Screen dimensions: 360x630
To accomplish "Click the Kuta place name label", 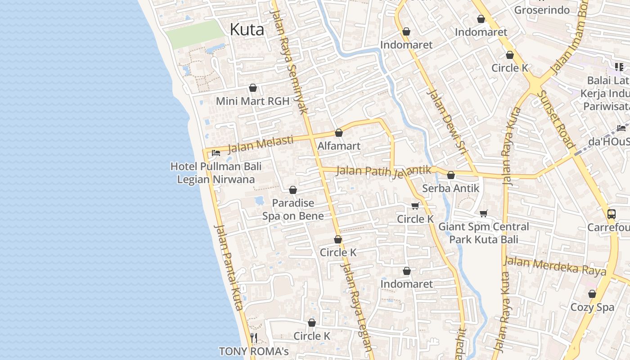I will (x=247, y=30).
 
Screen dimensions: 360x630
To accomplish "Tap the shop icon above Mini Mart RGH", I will (x=253, y=88).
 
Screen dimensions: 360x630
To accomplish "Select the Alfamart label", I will (x=339, y=146).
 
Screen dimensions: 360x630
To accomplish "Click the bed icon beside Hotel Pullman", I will (x=216, y=153).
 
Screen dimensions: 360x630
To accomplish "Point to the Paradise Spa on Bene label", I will (x=293, y=210).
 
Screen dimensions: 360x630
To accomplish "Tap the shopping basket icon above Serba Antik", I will (x=450, y=175).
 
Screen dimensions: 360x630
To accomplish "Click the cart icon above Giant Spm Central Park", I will (x=484, y=214).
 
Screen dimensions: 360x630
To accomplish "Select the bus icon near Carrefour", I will (x=611, y=214).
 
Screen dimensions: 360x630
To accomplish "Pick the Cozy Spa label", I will (x=592, y=307).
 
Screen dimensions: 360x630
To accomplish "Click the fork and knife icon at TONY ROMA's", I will (x=254, y=337).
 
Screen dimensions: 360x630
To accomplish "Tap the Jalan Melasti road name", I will (x=261, y=144).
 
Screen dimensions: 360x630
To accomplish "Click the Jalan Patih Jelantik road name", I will (x=383, y=171).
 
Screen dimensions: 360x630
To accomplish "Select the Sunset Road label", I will (x=556, y=120).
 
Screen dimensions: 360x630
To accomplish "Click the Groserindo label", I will (x=542, y=10).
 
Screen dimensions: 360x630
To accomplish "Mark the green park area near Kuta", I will (x=194, y=34).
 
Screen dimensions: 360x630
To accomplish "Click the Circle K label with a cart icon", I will (x=415, y=219).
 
